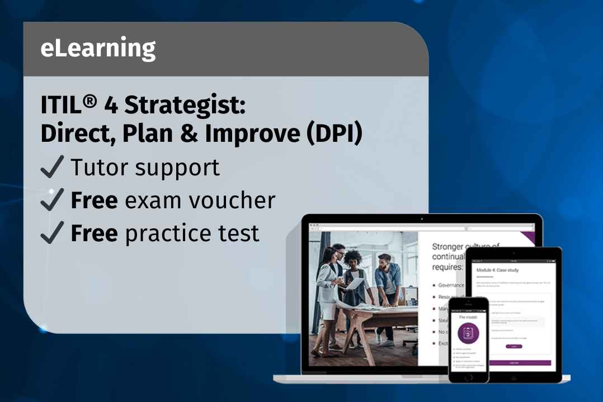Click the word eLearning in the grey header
98,49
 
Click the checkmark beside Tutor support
53,167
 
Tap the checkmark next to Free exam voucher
53,200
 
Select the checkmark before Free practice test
53,233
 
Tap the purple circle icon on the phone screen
469,333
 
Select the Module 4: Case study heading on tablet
497,270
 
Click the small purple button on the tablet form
514,347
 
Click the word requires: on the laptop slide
447,267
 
